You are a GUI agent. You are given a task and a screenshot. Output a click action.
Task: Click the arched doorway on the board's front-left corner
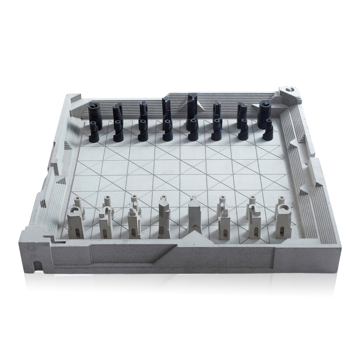coord(38,266)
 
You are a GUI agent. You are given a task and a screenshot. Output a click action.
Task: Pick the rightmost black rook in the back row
coord(264,112)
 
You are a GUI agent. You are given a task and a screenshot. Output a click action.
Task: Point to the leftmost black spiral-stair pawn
coord(94,132)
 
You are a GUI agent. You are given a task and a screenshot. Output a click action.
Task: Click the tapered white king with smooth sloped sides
coord(194,217)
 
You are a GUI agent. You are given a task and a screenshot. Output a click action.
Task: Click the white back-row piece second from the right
coord(254,222)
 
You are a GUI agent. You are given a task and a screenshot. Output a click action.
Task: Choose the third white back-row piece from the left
coord(134,222)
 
